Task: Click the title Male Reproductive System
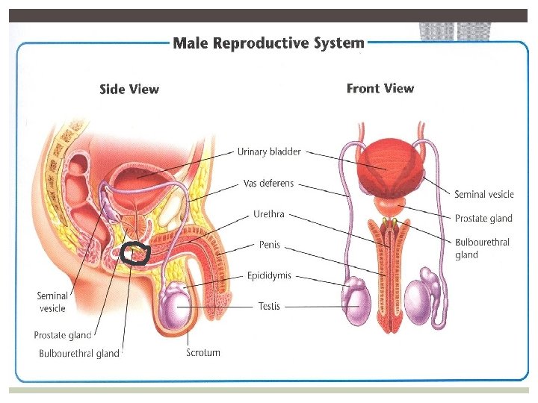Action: click(x=269, y=43)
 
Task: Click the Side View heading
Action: click(x=129, y=90)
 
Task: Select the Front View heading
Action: click(x=380, y=89)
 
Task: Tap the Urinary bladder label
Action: click(x=269, y=152)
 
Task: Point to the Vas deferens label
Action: click(x=269, y=183)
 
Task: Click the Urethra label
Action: click(x=269, y=214)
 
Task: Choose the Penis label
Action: click(x=269, y=245)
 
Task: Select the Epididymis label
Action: click(x=269, y=275)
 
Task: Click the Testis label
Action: click(x=269, y=306)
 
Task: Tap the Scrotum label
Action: click(x=203, y=352)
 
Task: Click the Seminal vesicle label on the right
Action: click(x=484, y=195)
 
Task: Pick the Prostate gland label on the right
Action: click(x=483, y=219)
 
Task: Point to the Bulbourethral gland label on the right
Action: click(x=482, y=249)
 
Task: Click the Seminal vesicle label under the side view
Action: click(x=52, y=302)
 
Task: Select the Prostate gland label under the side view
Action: click(x=63, y=336)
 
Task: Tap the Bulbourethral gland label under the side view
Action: click(x=79, y=354)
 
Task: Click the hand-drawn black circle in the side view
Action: click(x=136, y=254)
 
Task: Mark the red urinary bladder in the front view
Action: click(x=386, y=167)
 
